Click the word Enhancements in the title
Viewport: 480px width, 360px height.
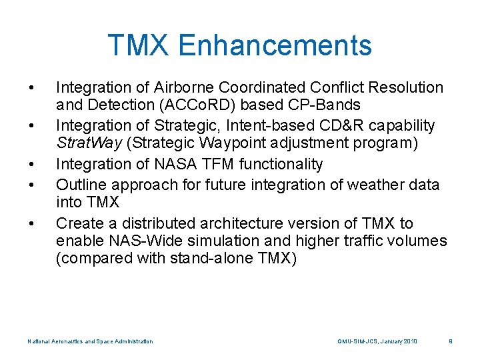275,45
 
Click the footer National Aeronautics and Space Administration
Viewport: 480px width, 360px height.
90,341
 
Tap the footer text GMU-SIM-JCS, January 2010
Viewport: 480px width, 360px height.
377,341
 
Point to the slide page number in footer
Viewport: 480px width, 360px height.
451,341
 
